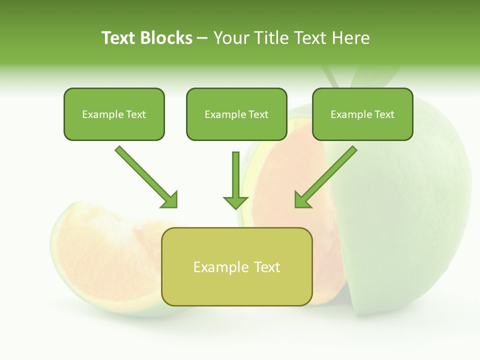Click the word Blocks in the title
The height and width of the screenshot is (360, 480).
click(x=167, y=38)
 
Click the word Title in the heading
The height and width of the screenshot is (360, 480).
click(x=270, y=38)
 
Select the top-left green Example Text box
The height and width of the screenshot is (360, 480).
click(x=114, y=114)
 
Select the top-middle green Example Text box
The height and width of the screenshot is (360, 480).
click(x=236, y=114)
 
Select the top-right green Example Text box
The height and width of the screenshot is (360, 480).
click(x=362, y=114)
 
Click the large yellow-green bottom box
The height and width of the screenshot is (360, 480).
click(x=237, y=266)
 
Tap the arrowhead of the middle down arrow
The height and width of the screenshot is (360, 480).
click(x=235, y=202)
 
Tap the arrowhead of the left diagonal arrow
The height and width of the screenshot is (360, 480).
click(x=170, y=200)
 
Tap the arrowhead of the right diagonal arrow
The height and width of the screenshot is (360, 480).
click(x=301, y=200)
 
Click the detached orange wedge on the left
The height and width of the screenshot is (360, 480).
click(x=100, y=250)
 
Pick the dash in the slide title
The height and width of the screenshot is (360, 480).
click(x=202, y=38)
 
